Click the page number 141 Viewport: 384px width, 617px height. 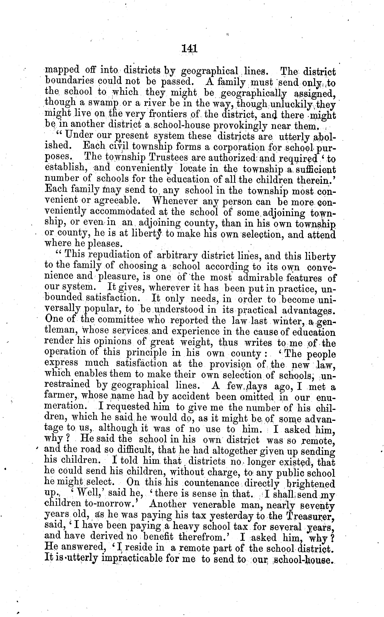pyautogui.click(x=189, y=48)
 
